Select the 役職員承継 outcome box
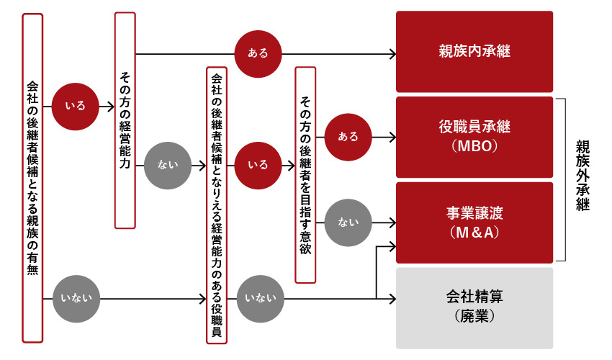474,127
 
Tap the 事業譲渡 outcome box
474,213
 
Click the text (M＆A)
474,232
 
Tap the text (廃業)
474,315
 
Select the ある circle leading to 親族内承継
258,53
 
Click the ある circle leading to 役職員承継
348,136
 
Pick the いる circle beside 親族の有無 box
75,107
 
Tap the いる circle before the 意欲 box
258,165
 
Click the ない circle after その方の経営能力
167,165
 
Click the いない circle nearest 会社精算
258,297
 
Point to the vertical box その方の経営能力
125,120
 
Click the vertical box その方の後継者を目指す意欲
305,174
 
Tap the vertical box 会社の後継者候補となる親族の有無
32,178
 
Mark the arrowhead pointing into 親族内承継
392,53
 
